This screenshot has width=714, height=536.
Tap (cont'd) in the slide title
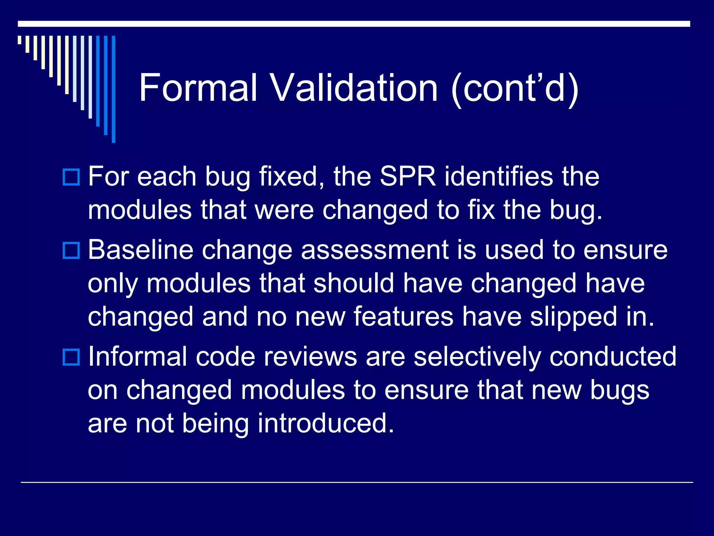coord(515,89)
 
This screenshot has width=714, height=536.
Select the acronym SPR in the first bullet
coord(408,177)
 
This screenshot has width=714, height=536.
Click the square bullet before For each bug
coord(71,177)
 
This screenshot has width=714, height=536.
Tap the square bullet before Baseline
coord(71,250)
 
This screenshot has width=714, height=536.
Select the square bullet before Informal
coord(71,357)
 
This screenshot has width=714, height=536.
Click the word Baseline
coord(140,250)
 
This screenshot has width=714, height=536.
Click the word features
coord(403,317)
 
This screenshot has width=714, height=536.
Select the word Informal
coord(137,357)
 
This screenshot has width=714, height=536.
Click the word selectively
coord(477,357)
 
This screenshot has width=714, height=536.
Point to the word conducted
coord(613,357)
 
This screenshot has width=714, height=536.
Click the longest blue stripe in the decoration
coord(113,89)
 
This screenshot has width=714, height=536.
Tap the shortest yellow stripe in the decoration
coord(20,40)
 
